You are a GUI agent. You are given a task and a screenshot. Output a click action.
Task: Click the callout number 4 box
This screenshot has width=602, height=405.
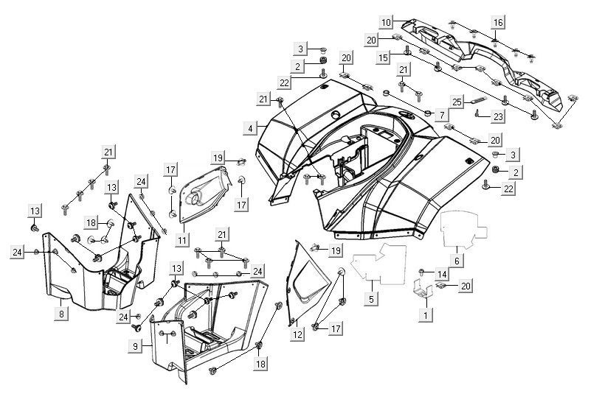[252, 128]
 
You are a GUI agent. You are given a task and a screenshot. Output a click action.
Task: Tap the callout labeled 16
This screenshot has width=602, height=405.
[498, 22]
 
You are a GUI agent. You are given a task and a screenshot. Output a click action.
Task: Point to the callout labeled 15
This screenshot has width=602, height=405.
[384, 57]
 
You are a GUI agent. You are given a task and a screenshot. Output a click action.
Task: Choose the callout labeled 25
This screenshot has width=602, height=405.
[457, 102]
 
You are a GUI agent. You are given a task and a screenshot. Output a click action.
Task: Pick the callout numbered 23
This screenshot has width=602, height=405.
[499, 116]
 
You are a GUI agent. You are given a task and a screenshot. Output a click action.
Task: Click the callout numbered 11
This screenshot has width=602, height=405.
[181, 239]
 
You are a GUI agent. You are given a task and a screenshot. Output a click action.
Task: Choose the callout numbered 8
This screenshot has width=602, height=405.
[62, 314]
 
